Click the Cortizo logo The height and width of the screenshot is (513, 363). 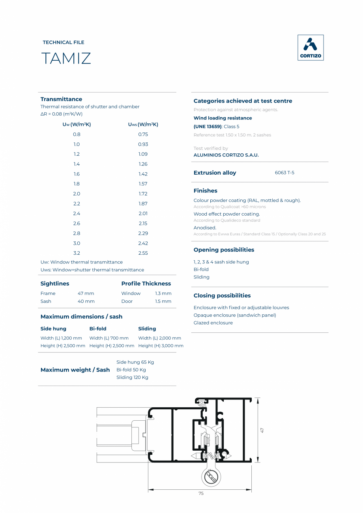[x=310, y=48]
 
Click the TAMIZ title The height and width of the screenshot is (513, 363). [x=66, y=58]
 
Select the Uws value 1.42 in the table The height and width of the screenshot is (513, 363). [x=143, y=174]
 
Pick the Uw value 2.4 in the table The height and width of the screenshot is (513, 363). [x=77, y=213]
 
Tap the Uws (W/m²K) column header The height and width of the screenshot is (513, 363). [x=143, y=125]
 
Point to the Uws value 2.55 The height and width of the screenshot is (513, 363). [x=143, y=253]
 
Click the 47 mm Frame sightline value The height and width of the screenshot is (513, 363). [x=86, y=293]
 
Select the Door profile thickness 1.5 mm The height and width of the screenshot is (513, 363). [x=163, y=301]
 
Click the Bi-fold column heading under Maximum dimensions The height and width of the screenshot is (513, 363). [x=98, y=328]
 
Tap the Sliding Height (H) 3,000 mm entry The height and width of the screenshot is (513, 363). [x=161, y=346]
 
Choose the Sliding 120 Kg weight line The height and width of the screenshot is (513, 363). [x=132, y=377]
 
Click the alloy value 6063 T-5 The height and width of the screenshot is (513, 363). [x=284, y=173]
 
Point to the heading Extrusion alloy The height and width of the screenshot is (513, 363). [x=215, y=173]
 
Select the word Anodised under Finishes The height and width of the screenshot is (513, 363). [x=205, y=228]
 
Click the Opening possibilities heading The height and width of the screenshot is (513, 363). [x=224, y=250]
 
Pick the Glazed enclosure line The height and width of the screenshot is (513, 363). [x=213, y=323]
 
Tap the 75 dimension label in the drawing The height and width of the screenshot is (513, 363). [x=201, y=493]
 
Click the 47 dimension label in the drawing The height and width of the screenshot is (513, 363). [x=262, y=430]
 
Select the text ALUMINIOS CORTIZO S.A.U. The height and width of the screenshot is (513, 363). [x=226, y=155]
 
